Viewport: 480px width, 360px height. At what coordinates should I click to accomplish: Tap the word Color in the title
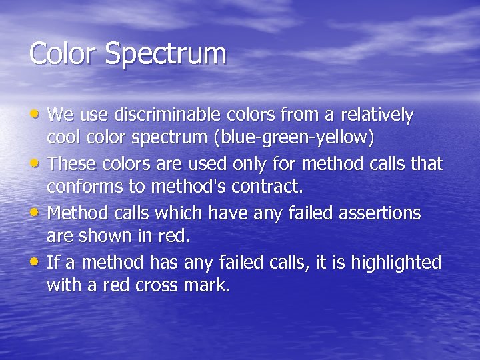pyautogui.click(x=63, y=53)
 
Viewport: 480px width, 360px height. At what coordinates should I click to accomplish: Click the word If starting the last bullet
pyautogui.click(x=52, y=262)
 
